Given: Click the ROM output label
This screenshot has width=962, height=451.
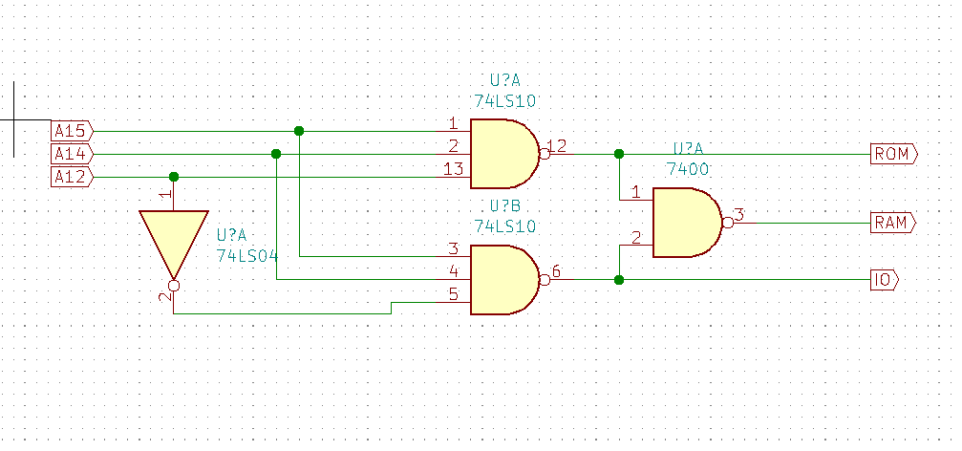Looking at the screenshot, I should pyautogui.click(x=893, y=154).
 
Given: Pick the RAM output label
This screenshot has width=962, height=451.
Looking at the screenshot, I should pyautogui.click(x=893, y=224).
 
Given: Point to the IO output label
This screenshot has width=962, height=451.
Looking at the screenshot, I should pyautogui.click(x=884, y=280).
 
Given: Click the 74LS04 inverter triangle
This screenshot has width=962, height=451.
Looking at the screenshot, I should pyautogui.click(x=173, y=239).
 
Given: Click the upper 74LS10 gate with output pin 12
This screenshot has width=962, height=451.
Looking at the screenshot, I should pyautogui.click(x=503, y=154).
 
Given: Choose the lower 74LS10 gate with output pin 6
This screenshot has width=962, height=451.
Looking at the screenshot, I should pyautogui.click(x=503, y=280).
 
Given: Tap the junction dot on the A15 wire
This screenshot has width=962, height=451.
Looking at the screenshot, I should pyautogui.click(x=299, y=131).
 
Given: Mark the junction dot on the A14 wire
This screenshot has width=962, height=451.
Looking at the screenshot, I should pyautogui.click(x=276, y=154).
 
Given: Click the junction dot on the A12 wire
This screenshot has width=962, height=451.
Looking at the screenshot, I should pyautogui.click(x=173, y=177).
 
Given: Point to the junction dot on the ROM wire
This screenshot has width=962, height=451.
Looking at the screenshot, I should pyautogui.click(x=619, y=154).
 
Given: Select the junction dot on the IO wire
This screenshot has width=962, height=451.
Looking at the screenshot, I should pyautogui.click(x=619, y=280).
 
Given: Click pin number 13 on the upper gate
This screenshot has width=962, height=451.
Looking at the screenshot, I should pyautogui.click(x=453, y=169).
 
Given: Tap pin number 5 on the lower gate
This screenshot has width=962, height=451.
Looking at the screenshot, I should pyautogui.click(x=453, y=295).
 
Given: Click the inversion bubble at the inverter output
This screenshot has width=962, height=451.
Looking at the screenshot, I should pyautogui.click(x=173, y=285).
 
